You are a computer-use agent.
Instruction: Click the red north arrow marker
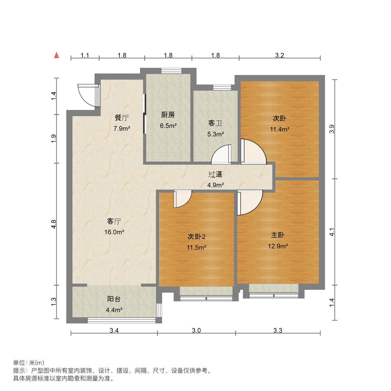tap(57, 55)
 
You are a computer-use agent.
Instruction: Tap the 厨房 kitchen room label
tap(168, 115)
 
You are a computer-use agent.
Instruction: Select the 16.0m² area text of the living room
tap(114, 232)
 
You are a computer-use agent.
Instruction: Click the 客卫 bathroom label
tap(215, 123)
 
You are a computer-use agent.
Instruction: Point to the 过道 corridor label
tap(215, 174)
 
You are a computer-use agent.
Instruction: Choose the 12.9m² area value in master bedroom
tap(278, 246)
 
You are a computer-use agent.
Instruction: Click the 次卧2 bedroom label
tap(196, 236)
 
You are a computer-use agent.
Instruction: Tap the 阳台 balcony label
tap(114, 299)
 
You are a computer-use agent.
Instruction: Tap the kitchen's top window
tap(171, 71)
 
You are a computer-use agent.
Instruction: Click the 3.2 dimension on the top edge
tap(280, 55)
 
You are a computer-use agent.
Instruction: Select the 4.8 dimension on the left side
tap(53, 224)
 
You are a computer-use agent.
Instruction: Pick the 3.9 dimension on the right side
tap(332, 129)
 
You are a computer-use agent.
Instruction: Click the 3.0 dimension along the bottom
tap(196, 330)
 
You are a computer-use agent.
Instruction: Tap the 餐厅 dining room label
tap(122, 118)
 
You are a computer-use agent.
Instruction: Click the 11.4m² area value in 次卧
tap(280, 129)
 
